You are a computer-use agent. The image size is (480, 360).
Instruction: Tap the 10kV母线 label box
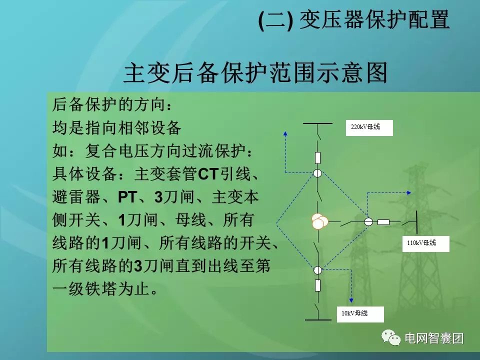[x=360, y=314]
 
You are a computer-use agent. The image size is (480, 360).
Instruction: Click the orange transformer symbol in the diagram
[x=318, y=221]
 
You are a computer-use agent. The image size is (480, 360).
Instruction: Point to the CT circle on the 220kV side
[x=318, y=173]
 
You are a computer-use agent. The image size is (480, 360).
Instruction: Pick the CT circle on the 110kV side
[x=368, y=221]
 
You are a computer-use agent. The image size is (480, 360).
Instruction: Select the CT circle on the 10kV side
[x=318, y=270]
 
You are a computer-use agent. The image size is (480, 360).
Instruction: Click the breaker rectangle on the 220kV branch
[x=318, y=158]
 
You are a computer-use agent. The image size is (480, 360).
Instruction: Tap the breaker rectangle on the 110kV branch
[x=383, y=221]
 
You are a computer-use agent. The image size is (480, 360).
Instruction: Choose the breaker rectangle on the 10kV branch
[x=318, y=285]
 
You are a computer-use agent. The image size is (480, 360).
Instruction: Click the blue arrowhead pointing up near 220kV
[x=285, y=133]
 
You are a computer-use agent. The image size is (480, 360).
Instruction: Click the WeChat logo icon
[x=391, y=338]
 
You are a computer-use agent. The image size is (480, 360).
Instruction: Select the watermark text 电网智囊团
[x=433, y=338]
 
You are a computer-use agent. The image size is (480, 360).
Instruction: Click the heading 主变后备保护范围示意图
[x=255, y=72]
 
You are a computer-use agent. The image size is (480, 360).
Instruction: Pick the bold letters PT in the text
[x=127, y=197]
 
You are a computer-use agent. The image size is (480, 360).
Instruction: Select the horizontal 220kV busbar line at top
[x=318, y=122]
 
